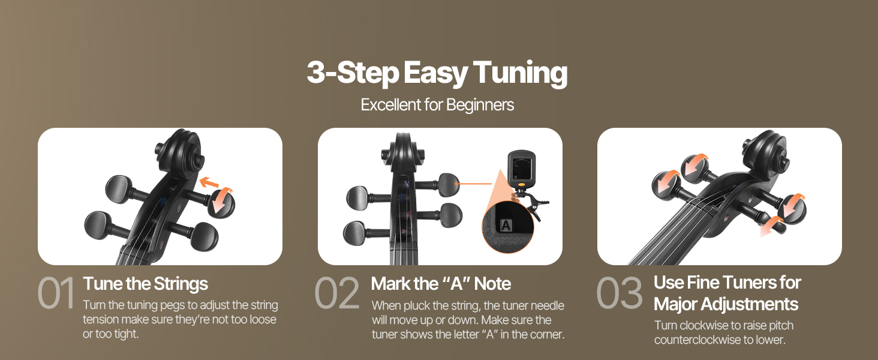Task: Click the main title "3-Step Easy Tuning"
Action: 437,73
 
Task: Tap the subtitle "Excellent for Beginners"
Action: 437,105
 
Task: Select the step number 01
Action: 56,293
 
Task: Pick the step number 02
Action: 337,293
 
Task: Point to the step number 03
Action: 620,293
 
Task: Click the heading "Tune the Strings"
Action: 145,284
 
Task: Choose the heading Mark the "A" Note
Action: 441,284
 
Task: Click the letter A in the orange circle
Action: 506,226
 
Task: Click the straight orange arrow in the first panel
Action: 209,182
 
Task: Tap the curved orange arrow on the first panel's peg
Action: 222,199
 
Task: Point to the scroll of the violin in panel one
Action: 181,151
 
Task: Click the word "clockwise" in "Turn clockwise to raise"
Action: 700,325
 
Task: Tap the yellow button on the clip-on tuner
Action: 521,184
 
